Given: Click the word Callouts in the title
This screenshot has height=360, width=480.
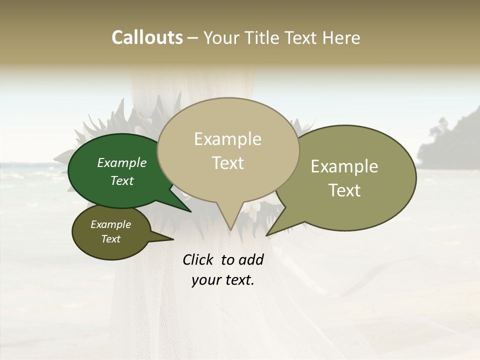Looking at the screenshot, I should coord(147,37).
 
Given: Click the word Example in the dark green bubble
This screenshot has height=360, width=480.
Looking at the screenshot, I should coord(122,163).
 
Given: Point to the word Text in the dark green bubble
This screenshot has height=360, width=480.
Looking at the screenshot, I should coord(122,181).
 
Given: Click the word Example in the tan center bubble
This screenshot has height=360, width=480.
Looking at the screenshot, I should coord(227,139).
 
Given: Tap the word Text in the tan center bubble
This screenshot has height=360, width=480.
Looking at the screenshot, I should coord(228,163).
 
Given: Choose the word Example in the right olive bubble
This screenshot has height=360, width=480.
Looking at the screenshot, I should coord(344,166).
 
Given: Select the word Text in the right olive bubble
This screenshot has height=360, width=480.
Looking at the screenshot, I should coord(345,190).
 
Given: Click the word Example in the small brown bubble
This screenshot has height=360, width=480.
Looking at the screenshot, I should coord(111,224).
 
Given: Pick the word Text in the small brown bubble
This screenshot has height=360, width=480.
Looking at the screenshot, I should coord(111,239).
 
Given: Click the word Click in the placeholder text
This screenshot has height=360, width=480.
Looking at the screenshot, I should coord(198,260).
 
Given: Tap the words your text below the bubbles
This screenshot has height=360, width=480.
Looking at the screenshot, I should coord(223,280).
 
